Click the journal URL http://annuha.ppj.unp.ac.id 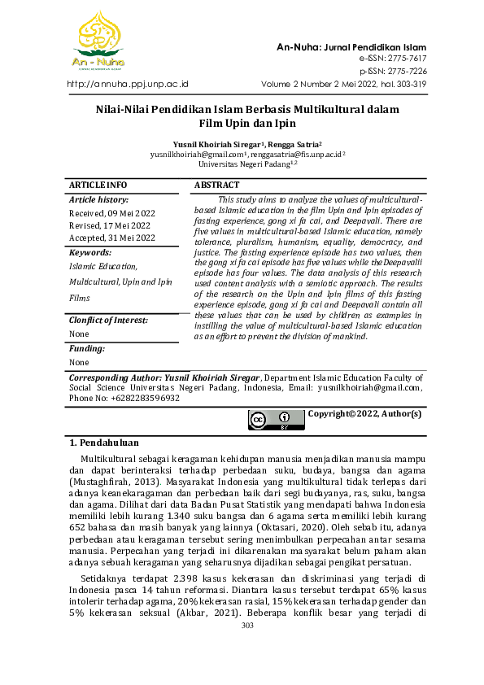pyautogui.click(x=127, y=83)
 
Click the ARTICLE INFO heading pyautogui.click(x=98, y=185)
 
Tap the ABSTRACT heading pyautogui.click(x=217, y=185)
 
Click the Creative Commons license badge pyautogui.click(x=275, y=420)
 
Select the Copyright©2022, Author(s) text pyautogui.click(x=364, y=414)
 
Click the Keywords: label pyautogui.click(x=90, y=253)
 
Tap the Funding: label pyautogui.click(x=87, y=348)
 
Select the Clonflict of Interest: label pyautogui.click(x=108, y=320)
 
